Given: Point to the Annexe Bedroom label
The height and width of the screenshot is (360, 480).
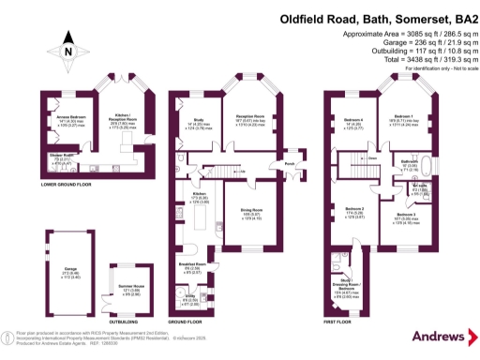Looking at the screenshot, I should pyautogui.click(x=60, y=117).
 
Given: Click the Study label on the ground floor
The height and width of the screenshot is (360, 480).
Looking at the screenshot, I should pyautogui.click(x=198, y=119).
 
